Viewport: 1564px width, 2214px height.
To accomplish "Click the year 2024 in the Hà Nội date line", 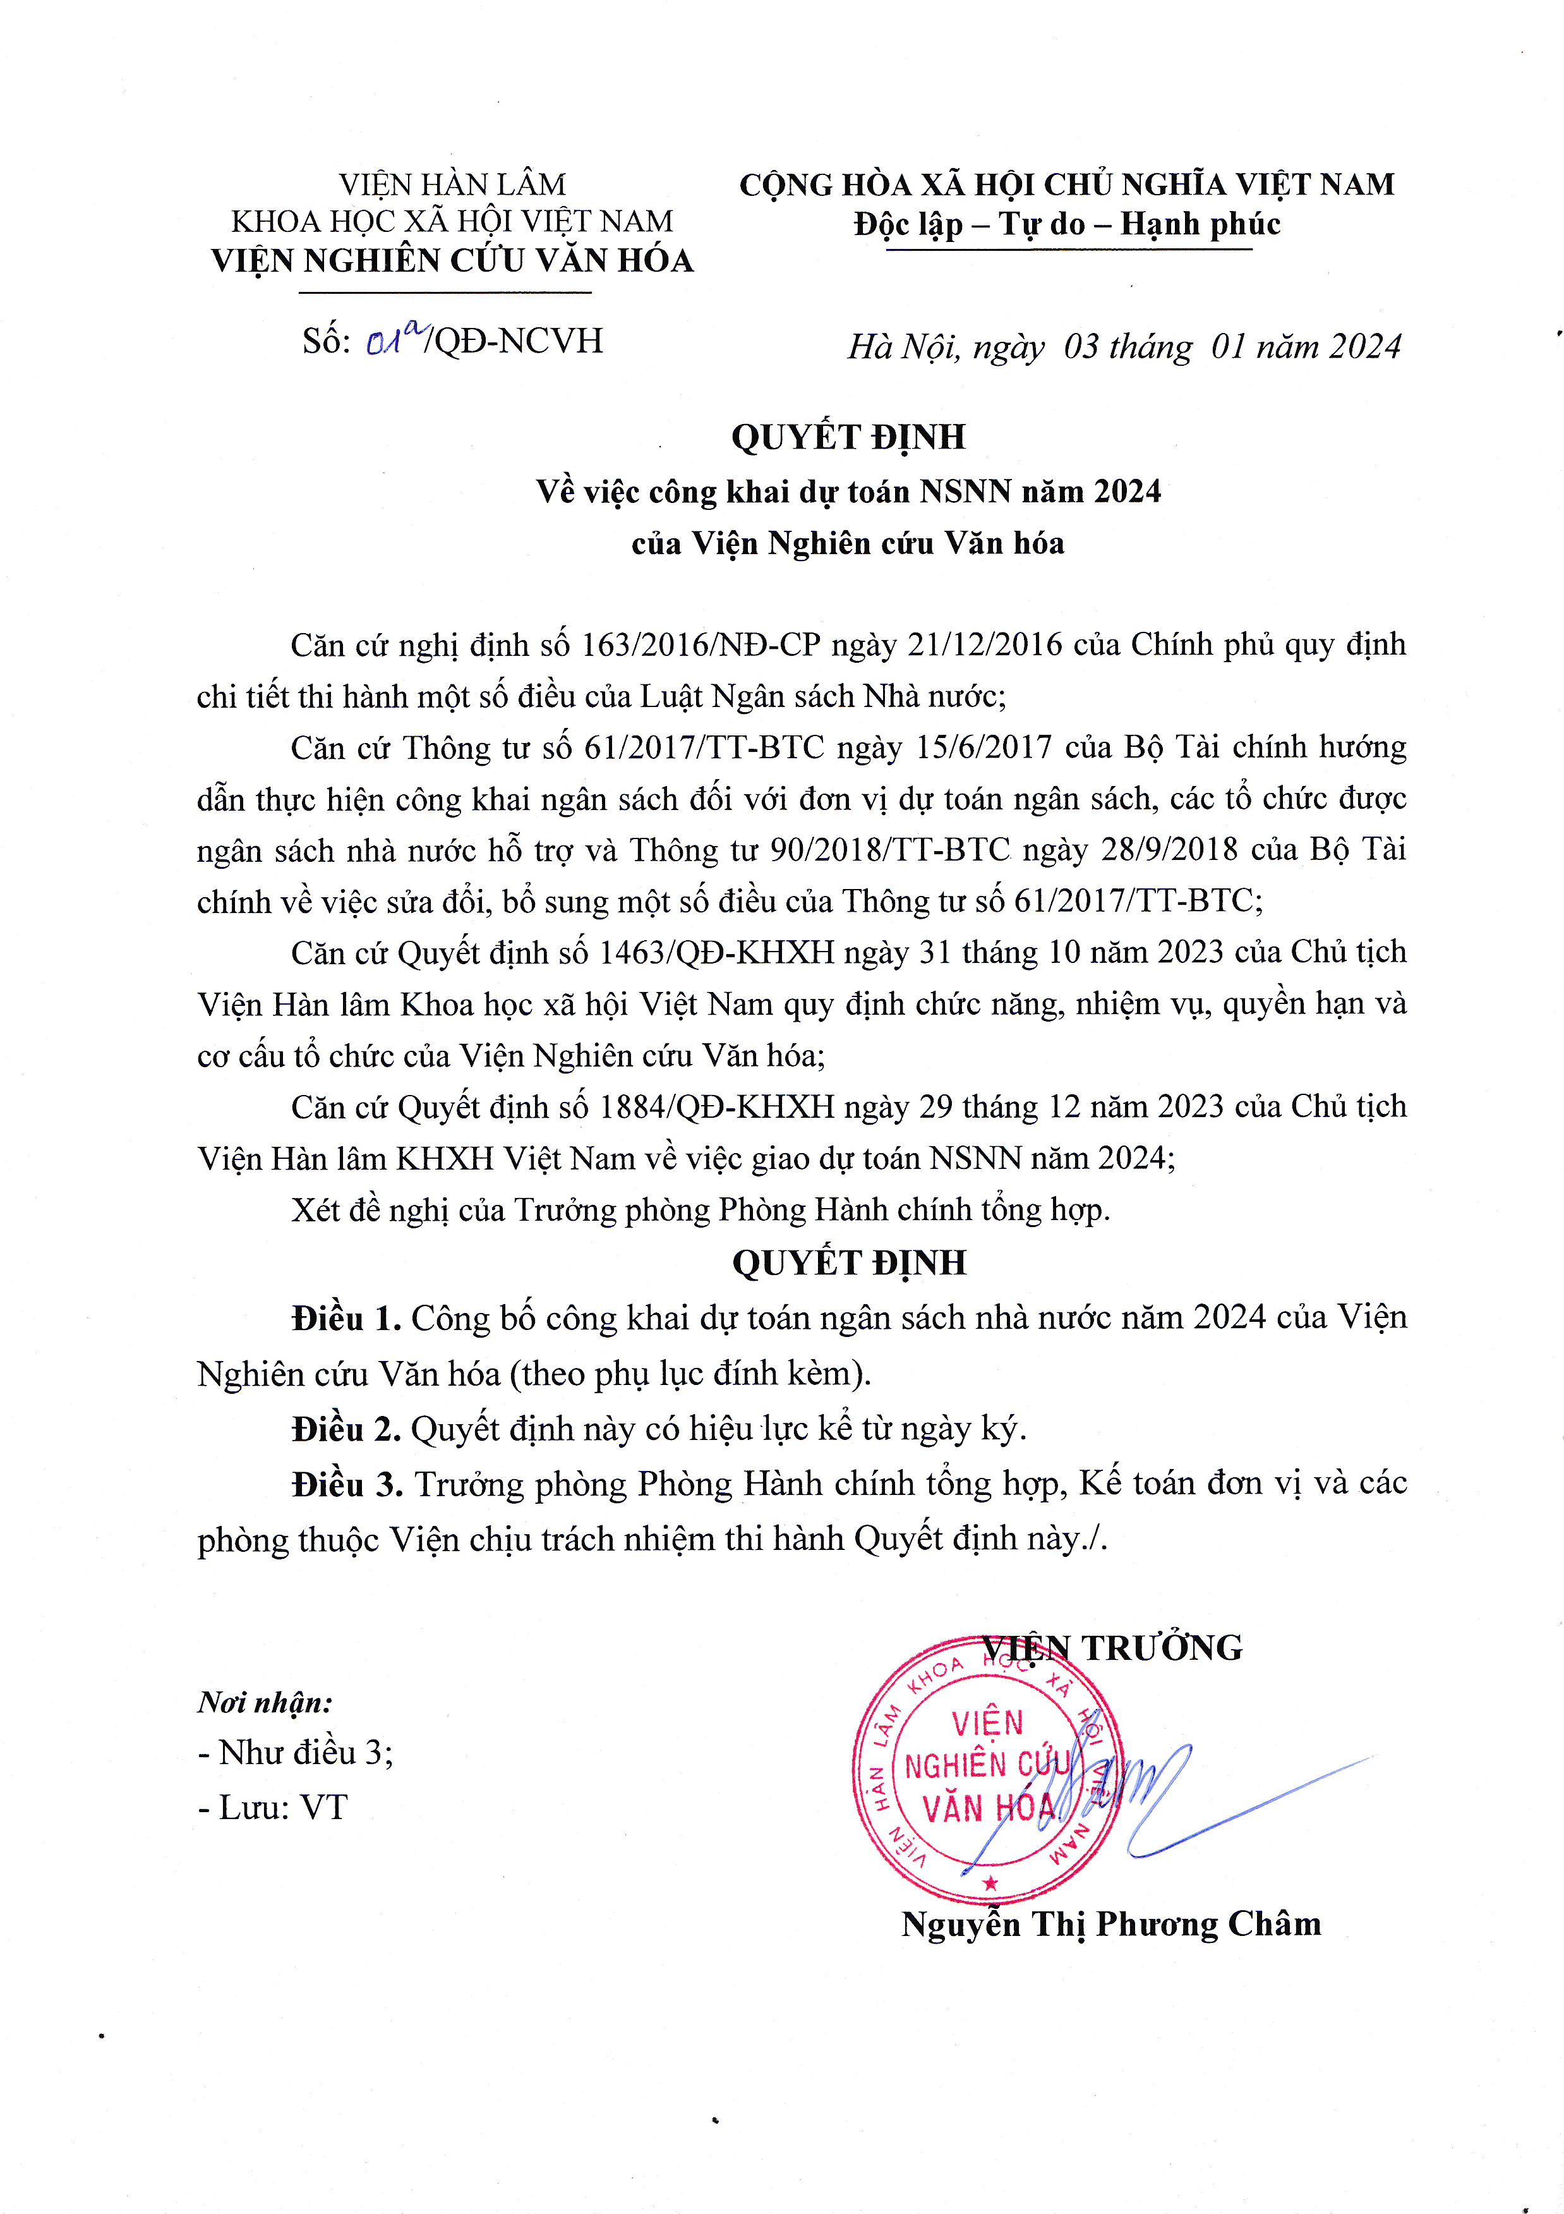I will click(1363, 347).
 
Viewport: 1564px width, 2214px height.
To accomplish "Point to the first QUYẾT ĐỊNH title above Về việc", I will click(848, 437).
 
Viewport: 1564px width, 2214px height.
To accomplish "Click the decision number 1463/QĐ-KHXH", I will click(716, 953).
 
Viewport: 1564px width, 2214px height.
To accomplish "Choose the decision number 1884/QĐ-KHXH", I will click(716, 1107).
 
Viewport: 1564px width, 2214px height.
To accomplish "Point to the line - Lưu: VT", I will click(273, 1807).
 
